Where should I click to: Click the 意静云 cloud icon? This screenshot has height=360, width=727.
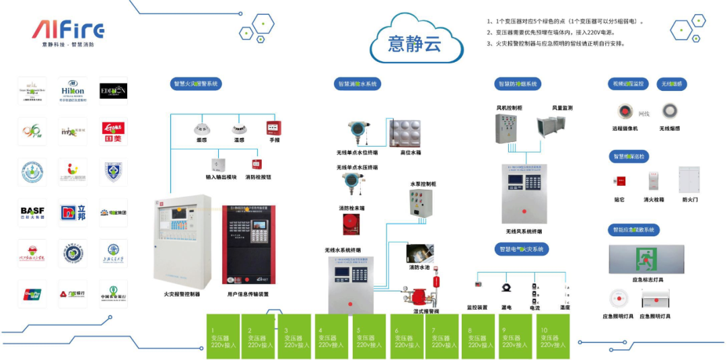[x=415, y=42]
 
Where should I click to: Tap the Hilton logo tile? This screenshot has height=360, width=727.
[x=73, y=91]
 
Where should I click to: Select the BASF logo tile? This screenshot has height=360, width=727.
[x=32, y=212]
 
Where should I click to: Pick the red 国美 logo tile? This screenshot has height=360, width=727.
[x=113, y=131]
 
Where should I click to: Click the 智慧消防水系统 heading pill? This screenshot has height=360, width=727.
[x=357, y=83]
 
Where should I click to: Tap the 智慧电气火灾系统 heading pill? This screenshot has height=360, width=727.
[x=522, y=249]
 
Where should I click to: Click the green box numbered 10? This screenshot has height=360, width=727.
[x=552, y=336]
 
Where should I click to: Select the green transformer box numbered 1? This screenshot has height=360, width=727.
[x=223, y=336]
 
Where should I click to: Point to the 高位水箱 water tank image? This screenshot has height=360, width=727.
[x=411, y=133]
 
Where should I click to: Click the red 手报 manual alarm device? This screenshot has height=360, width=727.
[x=274, y=127]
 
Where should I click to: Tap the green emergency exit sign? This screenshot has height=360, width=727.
[x=646, y=259]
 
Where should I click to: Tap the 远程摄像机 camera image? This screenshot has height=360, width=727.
[x=625, y=112]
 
